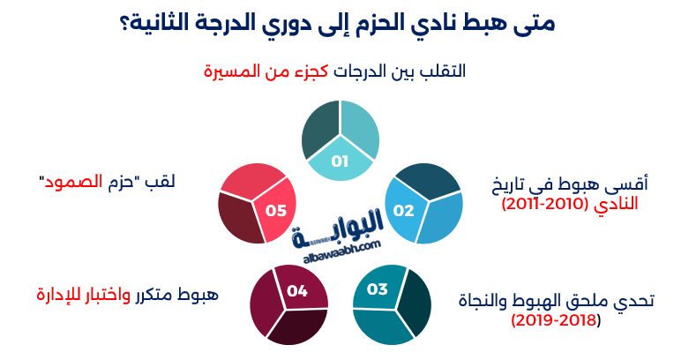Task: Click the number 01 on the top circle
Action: pyautogui.click(x=341, y=161)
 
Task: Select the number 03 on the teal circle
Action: pyautogui.click(x=378, y=289)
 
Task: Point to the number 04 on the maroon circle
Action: pyautogui.click(x=297, y=289)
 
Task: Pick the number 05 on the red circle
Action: pyautogui.click(x=276, y=210)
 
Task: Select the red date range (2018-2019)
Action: pyautogui.click(x=556, y=319)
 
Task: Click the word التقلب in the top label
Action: pyautogui.click(x=446, y=71)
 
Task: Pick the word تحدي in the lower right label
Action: pyautogui.click(x=635, y=301)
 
